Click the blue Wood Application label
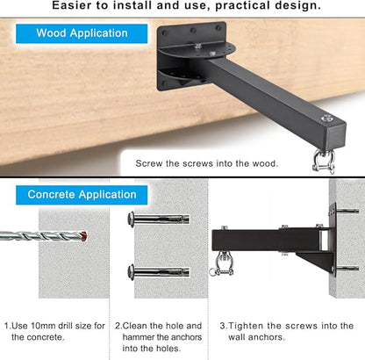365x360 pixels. click(x=82, y=33)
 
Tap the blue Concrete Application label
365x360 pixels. click(x=82, y=195)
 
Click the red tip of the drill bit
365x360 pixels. click(x=84, y=236)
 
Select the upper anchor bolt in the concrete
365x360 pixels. click(x=159, y=220)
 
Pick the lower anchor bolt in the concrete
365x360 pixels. click(x=159, y=272)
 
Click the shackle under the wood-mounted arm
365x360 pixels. click(x=324, y=162)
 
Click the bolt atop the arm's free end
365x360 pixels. click(x=326, y=119)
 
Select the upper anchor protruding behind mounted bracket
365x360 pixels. click(x=347, y=211)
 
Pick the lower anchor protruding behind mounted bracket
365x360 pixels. click(x=347, y=268)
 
